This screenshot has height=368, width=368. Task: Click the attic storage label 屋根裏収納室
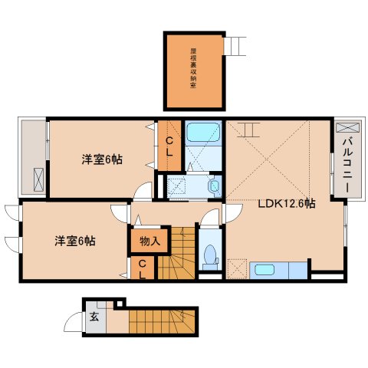(x=193, y=70)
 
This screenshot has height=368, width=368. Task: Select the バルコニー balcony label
(x=346, y=164)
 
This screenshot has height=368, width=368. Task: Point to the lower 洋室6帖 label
(x=74, y=241)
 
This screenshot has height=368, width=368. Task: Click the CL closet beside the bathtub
(x=169, y=146)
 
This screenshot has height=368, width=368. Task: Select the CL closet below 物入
(x=143, y=269)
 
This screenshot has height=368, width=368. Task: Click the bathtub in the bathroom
(x=204, y=132)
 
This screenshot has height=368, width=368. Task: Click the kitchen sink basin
(x=264, y=269)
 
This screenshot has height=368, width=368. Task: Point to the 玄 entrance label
(x=94, y=317)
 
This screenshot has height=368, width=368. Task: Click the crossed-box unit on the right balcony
(x=343, y=127)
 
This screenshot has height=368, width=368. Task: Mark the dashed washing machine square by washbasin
(x=177, y=184)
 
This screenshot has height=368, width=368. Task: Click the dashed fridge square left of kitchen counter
(x=238, y=269)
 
